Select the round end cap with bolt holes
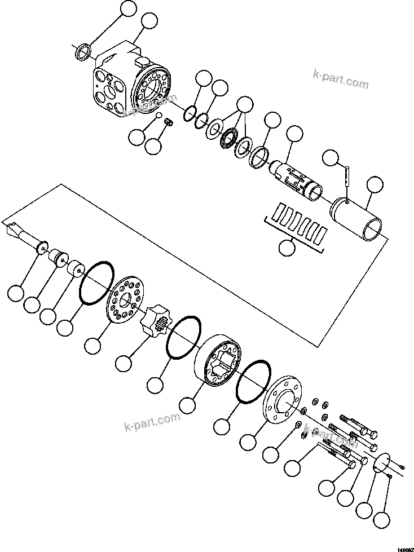pos(282,401)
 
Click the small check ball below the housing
pos(159,117)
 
